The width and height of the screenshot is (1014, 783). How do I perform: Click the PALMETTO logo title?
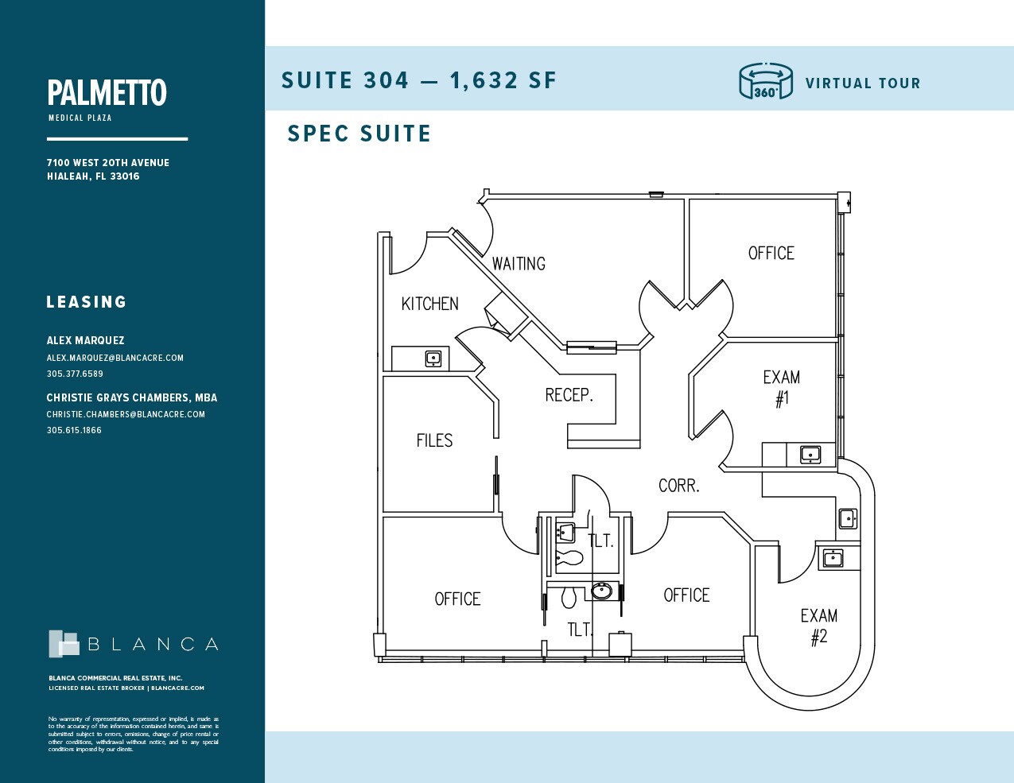pyautogui.click(x=107, y=93)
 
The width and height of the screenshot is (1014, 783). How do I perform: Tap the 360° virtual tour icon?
pyautogui.click(x=765, y=81)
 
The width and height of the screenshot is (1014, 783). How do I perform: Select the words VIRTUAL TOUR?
pyautogui.click(x=862, y=83)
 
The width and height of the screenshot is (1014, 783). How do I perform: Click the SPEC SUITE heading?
pyautogui.click(x=359, y=134)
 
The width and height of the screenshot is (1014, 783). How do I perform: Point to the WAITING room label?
pyautogui.click(x=519, y=264)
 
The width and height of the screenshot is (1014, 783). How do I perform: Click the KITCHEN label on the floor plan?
pyautogui.click(x=429, y=304)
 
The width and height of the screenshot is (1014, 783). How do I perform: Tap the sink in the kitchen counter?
pyautogui.click(x=433, y=359)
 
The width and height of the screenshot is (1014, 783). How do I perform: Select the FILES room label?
pyautogui.click(x=434, y=440)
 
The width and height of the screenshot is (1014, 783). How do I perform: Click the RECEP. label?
pyautogui.click(x=569, y=395)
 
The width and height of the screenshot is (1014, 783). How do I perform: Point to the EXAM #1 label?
pyautogui.click(x=782, y=388)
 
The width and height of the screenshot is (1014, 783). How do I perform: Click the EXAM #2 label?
pyautogui.click(x=818, y=626)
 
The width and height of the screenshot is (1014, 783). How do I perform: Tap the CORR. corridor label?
pyautogui.click(x=678, y=486)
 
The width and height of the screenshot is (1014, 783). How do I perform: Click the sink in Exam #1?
pyautogui.click(x=810, y=455)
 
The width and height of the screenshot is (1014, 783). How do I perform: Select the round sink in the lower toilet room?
pyautogui.click(x=602, y=591)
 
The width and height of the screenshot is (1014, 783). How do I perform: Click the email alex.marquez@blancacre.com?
pyautogui.click(x=115, y=358)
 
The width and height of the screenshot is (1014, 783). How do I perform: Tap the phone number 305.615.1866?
pyautogui.click(x=74, y=430)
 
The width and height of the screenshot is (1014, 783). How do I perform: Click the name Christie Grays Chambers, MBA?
pyautogui.click(x=131, y=397)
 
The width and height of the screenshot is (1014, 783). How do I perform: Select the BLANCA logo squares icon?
pyautogui.click(x=64, y=644)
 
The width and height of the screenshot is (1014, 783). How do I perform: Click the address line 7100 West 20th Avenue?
pyautogui.click(x=107, y=162)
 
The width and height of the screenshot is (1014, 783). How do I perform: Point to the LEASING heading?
pyautogui.click(x=86, y=302)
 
